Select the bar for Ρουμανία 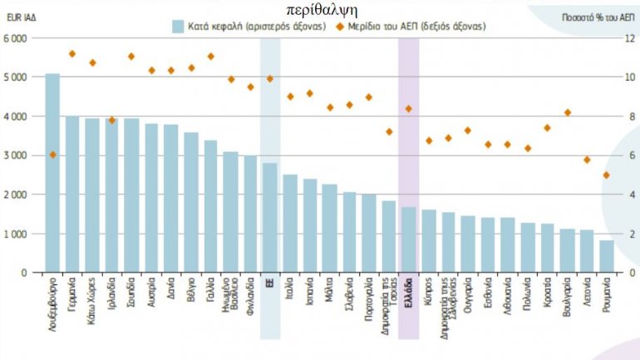pos(606,256)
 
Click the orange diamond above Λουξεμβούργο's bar pos(52,155)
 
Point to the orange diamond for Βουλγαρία pos(567,112)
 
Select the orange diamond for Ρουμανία pos(606,175)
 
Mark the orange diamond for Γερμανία pos(72,54)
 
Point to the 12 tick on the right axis pos(629,38)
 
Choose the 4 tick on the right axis pos(629,195)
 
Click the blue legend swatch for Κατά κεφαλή pos(177,26)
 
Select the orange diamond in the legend pos(340,26)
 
